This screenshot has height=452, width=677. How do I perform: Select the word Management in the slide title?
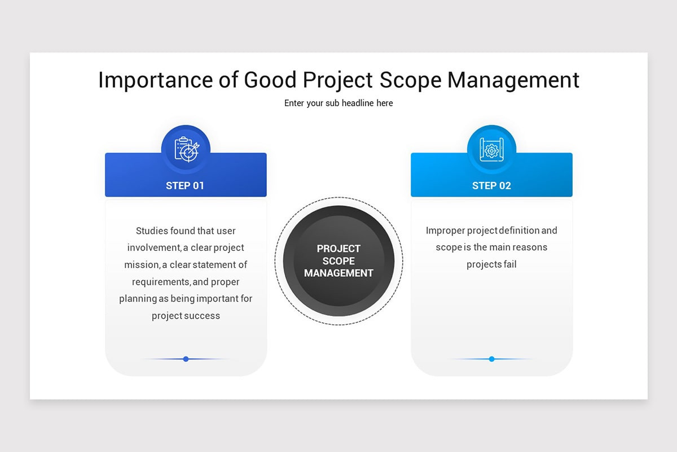click(513, 80)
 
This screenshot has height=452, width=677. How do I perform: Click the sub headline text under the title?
click(338, 103)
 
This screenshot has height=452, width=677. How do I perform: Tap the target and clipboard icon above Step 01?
click(186, 149)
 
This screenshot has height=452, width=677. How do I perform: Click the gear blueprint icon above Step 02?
click(491, 149)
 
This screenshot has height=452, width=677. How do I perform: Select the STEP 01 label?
click(185, 185)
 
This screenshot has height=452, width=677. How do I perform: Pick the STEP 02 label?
click(491, 185)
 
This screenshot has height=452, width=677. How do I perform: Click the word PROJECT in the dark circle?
click(338, 249)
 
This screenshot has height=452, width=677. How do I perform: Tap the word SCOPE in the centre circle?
click(338, 261)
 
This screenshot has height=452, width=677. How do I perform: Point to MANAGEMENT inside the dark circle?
click(338, 273)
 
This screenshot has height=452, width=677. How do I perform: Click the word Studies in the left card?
click(152, 231)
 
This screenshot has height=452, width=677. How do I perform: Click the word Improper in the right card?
click(445, 231)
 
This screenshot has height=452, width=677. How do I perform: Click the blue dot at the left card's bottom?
click(186, 359)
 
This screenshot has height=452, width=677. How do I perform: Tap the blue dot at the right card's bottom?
click(491, 359)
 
